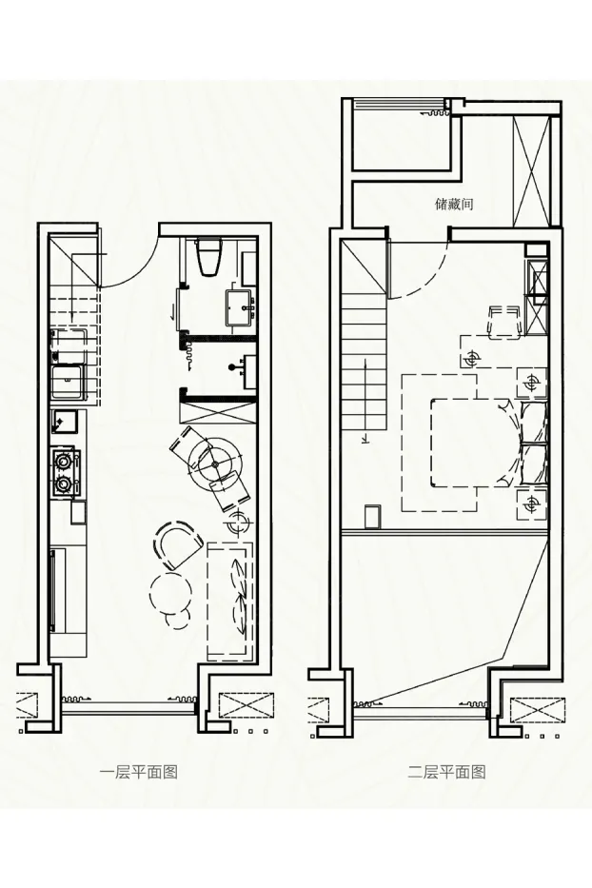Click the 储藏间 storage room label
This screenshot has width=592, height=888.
point(454,204)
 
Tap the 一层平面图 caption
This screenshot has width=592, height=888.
point(138,772)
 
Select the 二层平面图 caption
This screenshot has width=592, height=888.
point(447,772)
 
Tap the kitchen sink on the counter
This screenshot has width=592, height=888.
point(68,383)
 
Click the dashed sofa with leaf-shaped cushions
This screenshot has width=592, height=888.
point(229,601)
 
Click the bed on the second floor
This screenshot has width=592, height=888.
point(475,443)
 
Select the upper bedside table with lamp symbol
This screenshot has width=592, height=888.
point(531,383)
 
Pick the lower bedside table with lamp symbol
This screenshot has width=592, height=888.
point(531,503)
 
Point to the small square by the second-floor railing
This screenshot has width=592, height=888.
point(371,517)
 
